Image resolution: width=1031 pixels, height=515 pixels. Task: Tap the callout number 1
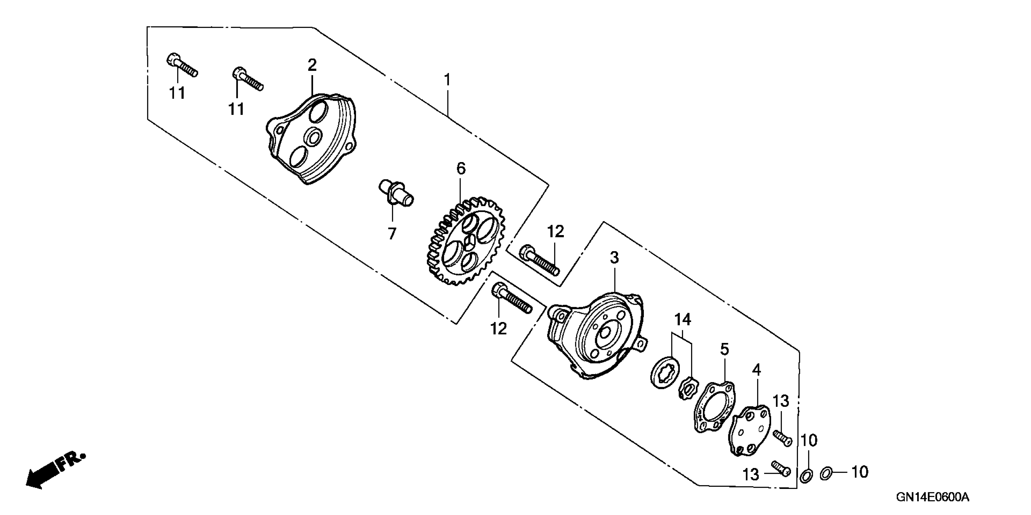pos(447,80)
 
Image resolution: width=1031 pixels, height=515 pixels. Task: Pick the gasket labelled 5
pos(714,408)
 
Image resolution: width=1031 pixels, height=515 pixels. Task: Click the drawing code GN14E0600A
pos(932,497)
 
